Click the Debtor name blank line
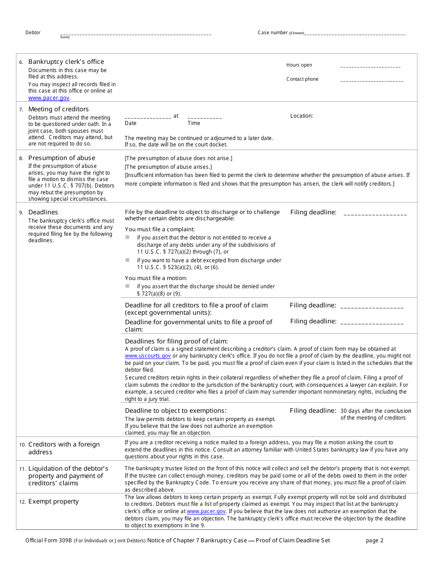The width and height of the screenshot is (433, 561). [x=135, y=34]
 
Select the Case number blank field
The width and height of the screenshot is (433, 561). [x=355, y=34]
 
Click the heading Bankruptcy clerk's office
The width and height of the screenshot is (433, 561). [x=66, y=62]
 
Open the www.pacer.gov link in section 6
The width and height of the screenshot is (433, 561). [x=49, y=98]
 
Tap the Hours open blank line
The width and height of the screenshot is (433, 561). [x=370, y=67]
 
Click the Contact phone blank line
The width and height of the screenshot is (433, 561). [x=371, y=81]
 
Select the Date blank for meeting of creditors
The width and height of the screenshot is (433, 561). [x=148, y=117]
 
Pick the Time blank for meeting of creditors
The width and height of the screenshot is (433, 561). [x=205, y=117]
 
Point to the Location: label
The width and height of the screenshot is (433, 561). [x=302, y=116]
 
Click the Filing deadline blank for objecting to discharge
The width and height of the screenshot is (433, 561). [x=375, y=213]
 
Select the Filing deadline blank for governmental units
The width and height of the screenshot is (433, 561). [x=371, y=323]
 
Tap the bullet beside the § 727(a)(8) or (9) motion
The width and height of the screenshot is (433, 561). [x=128, y=286]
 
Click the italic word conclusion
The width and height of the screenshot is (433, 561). [x=397, y=411]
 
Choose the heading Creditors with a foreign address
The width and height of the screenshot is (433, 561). [x=64, y=448]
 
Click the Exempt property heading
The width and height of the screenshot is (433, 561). [x=53, y=501]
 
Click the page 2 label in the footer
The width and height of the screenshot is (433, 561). [x=375, y=540]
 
